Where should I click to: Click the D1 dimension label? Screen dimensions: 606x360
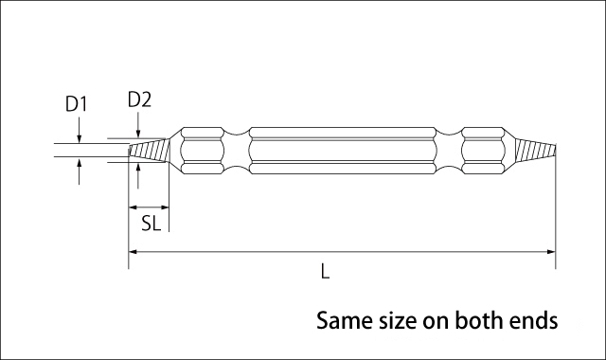point(76,104)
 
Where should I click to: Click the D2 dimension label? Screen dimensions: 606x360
point(139,99)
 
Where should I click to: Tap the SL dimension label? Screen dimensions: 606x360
point(151,224)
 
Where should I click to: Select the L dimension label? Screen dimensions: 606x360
point(325,272)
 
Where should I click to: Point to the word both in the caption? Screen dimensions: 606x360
point(478,320)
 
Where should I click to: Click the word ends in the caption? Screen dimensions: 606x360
point(534,320)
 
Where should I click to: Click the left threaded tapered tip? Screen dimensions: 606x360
point(149,151)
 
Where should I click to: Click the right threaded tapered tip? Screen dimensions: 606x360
point(535,151)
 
